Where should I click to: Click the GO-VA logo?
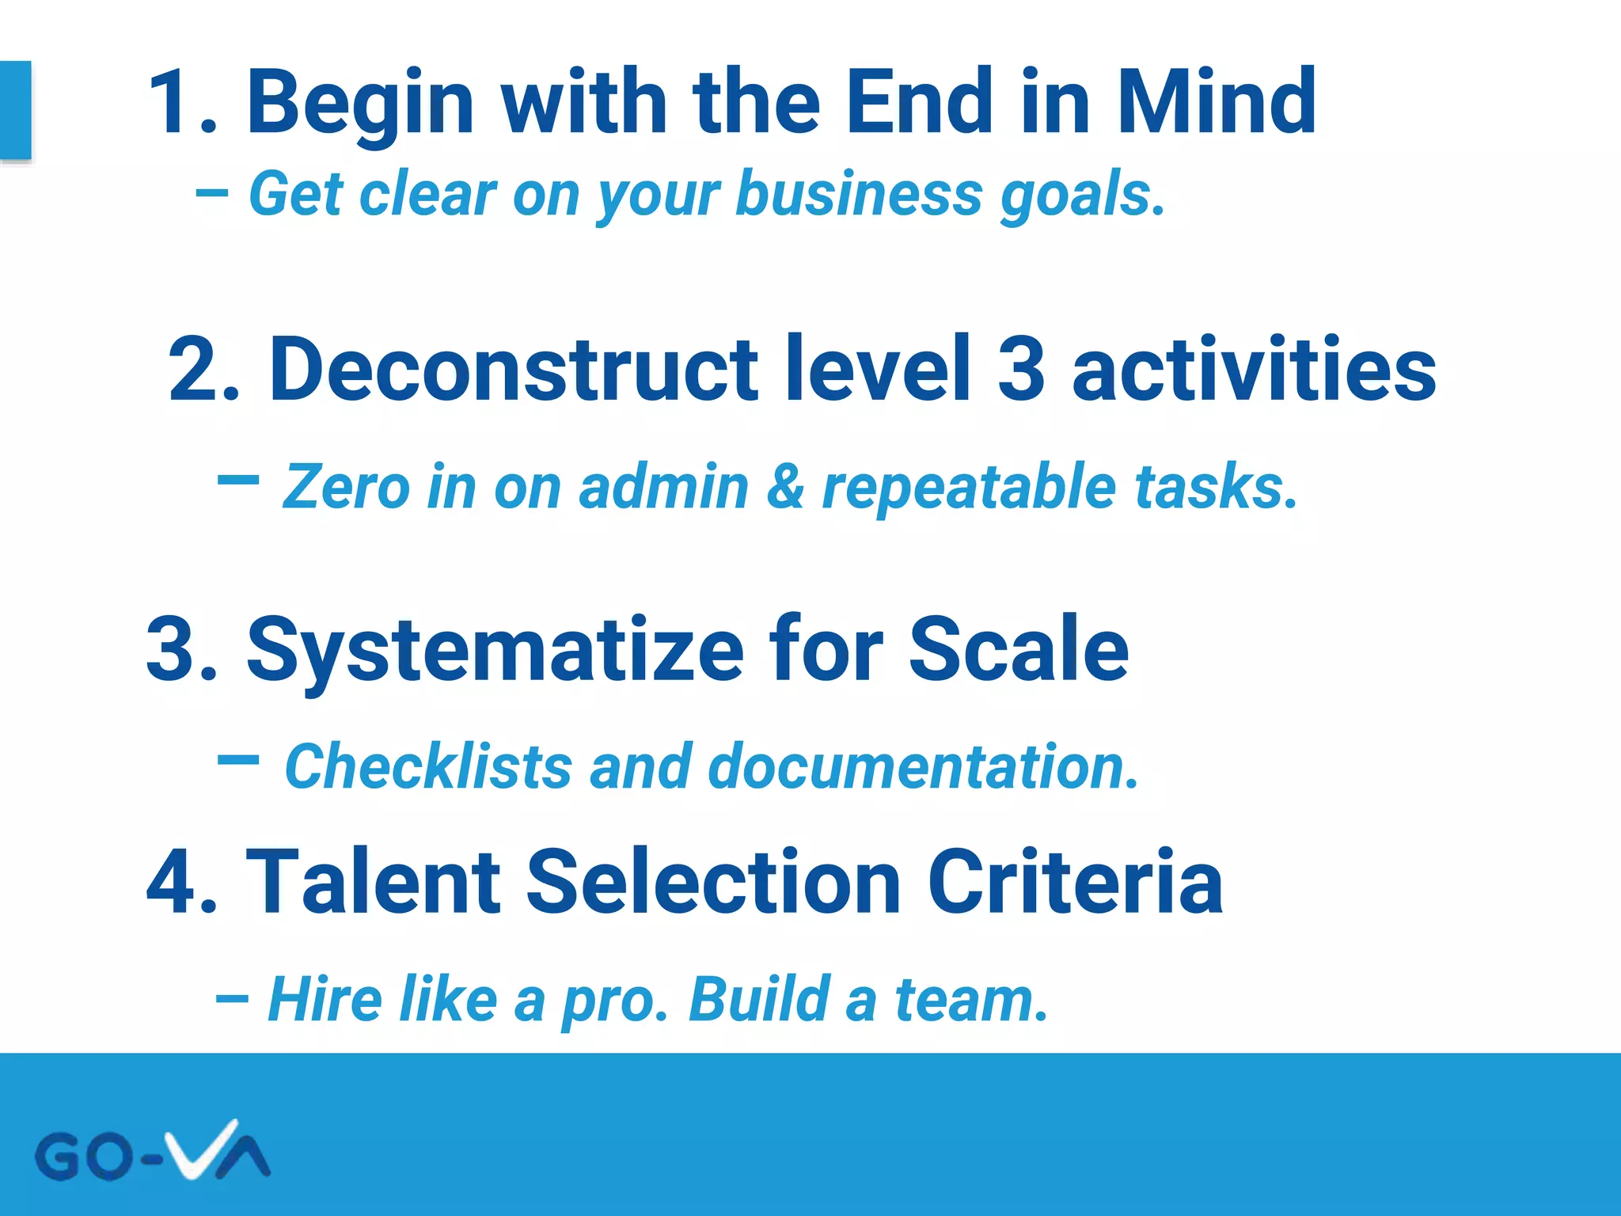(152, 1152)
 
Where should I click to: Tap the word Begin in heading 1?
(360, 103)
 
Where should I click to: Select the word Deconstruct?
(514, 369)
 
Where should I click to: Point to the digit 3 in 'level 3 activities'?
(1021, 369)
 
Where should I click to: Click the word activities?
(1254, 369)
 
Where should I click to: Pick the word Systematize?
(495, 651)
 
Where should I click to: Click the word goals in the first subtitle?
(1081, 195)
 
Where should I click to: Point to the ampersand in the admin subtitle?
(785, 487)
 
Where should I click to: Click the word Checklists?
(428, 767)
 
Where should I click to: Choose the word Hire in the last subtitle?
(325, 999)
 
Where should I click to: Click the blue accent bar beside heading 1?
(15, 110)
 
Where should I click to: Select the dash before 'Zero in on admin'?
(237, 479)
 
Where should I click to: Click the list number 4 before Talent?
(172, 882)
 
